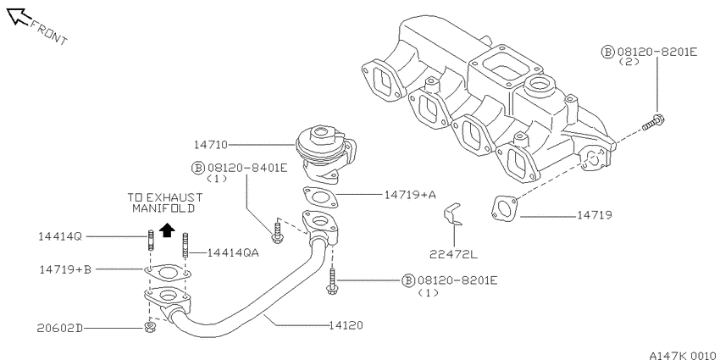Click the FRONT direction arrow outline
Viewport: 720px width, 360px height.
coord(19,16)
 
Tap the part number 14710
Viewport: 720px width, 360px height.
coord(211,145)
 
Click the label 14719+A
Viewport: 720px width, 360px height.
coord(410,195)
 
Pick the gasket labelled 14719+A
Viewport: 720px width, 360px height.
coord(320,197)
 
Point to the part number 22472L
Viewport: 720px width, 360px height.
coord(454,253)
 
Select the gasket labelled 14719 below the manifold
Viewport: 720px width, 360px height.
coord(504,209)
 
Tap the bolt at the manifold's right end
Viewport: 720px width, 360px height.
coord(654,122)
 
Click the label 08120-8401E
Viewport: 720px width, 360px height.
coord(247,168)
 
